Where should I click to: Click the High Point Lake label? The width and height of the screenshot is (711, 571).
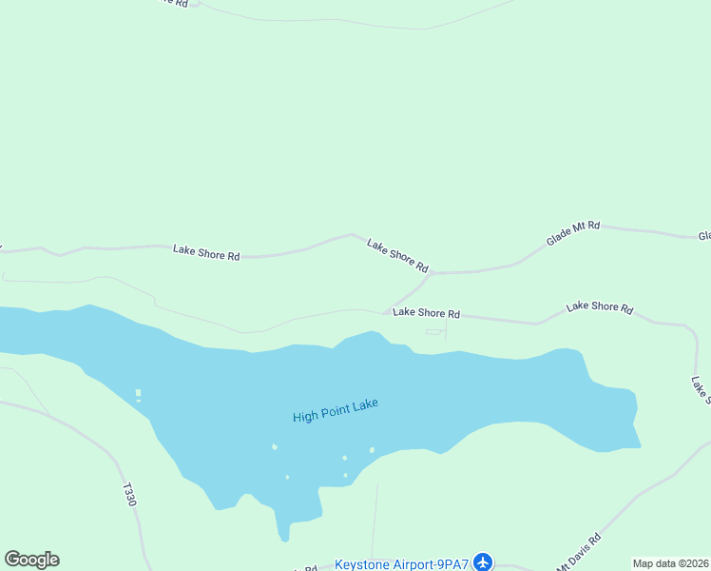tap(336, 410)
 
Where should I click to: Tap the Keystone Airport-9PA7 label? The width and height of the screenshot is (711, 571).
tap(401, 564)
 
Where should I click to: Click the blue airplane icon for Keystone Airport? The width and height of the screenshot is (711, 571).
tap(484, 562)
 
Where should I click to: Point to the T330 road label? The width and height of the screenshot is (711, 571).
tap(129, 496)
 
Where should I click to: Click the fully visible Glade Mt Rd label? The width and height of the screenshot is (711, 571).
tap(573, 234)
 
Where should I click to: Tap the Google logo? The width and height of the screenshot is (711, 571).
tap(31, 560)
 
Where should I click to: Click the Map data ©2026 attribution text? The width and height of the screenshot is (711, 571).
tap(670, 563)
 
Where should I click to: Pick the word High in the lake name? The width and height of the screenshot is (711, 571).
tap(305, 416)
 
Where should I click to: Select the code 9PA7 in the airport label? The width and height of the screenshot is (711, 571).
tap(452, 564)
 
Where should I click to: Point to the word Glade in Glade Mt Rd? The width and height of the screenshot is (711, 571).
tap(559, 239)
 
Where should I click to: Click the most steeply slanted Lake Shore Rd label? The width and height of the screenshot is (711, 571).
tap(398, 255)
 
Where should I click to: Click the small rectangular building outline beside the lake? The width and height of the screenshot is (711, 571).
tap(433, 332)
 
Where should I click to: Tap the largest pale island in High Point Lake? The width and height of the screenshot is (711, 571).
tap(138, 392)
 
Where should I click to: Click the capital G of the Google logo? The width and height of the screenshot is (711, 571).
tap(13, 560)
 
